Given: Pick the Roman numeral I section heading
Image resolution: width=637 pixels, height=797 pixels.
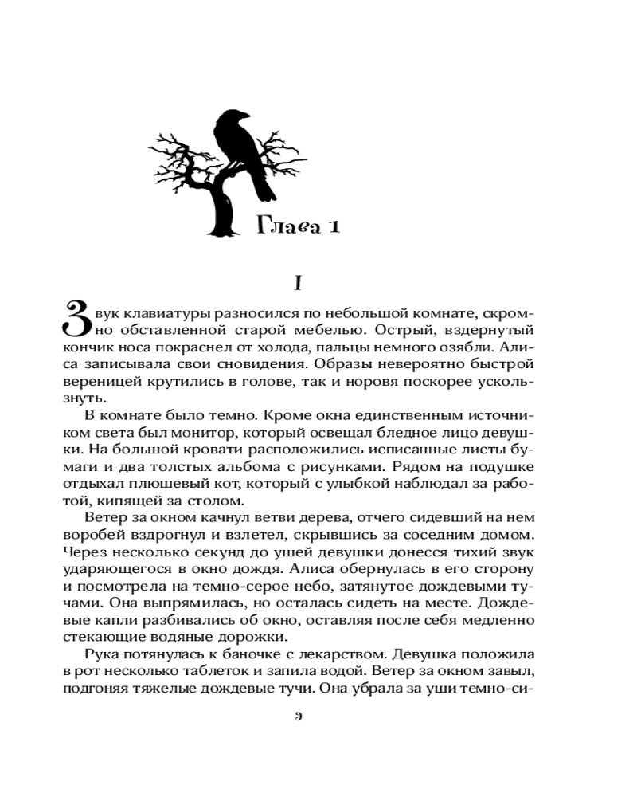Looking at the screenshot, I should click(x=296, y=283).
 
